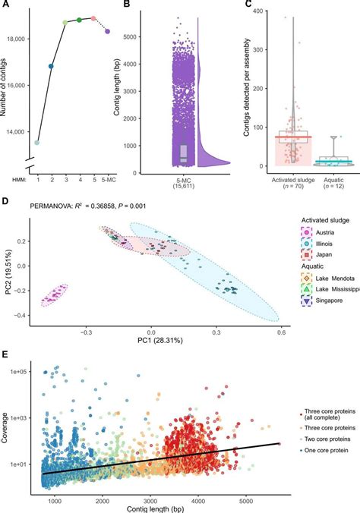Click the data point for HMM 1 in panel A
(x=36, y=142)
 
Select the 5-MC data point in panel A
(x=107, y=31)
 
